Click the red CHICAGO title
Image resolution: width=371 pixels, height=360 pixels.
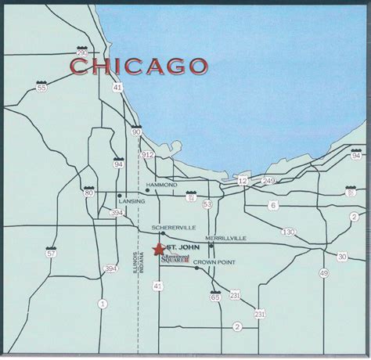pyautogui.click(x=138, y=67)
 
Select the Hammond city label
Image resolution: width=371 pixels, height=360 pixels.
pyautogui.click(x=162, y=185)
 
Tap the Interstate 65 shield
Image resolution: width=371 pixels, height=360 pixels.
pyautogui.click(x=215, y=296)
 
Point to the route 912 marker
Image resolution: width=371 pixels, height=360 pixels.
pyautogui.click(x=147, y=155)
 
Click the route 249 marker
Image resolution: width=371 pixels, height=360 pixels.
pyautogui.click(x=268, y=181)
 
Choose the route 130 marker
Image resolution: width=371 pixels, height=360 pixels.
pyautogui.click(x=289, y=232)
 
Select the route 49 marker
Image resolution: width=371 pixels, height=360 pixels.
pyautogui.click(x=323, y=272)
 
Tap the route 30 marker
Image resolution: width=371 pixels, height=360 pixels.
pyautogui.click(x=342, y=257)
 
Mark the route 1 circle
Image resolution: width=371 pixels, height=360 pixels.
pyautogui.click(x=102, y=303)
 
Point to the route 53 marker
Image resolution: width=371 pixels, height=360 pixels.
pyautogui.click(x=207, y=204)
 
